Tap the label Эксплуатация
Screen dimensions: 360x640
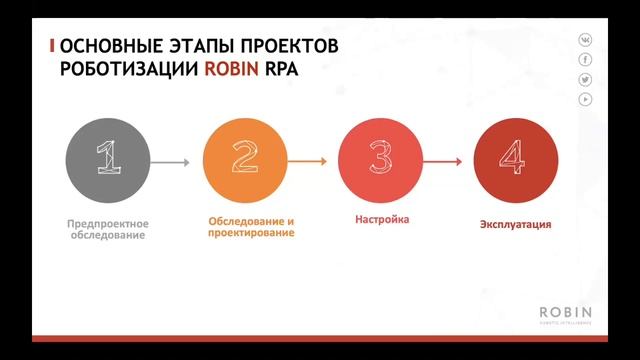[515, 224]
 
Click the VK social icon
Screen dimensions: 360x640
[586, 40]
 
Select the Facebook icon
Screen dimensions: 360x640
[586, 59]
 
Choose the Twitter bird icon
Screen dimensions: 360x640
[586, 79]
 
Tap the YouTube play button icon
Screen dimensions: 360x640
[586, 98]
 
